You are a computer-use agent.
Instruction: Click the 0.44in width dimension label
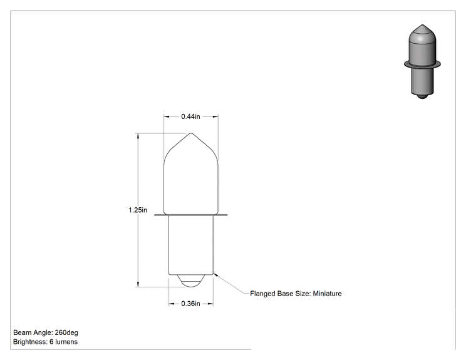click(x=190, y=116)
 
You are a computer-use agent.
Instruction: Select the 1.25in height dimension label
click(x=138, y=210)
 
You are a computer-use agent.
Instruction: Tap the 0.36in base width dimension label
click(x=190, y=304)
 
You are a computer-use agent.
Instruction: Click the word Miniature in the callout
click(x=327, y=294)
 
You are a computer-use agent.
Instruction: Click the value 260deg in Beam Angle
click(x=66, y=332)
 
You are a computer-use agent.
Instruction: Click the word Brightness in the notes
click(x=29, y=342)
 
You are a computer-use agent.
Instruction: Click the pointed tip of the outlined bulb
click(x=191, y=133)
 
